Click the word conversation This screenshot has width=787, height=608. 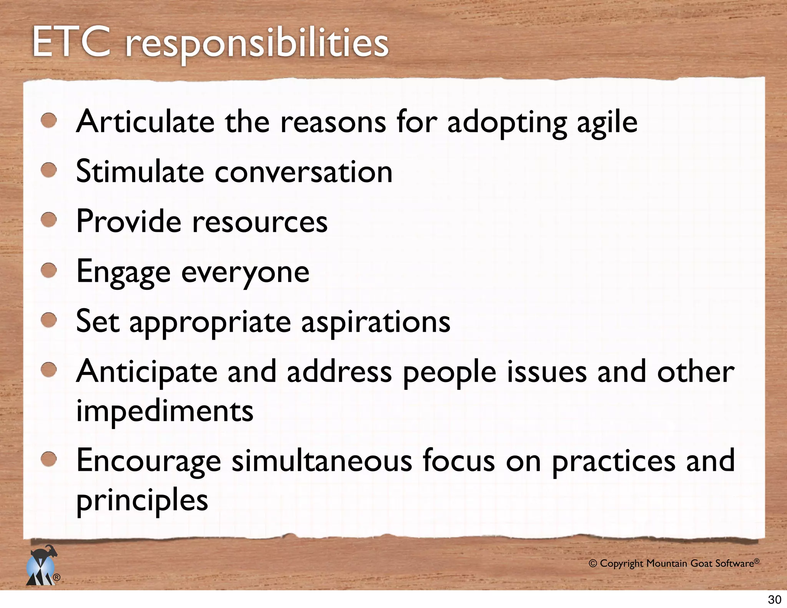pos(304,172)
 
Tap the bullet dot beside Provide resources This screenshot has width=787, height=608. pos(49,220)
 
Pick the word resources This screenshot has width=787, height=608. pos(260,222)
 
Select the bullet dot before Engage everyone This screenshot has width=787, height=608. pos(49,270)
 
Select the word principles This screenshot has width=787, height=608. pos(142,500)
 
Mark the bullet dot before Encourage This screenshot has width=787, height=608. pos(49,459)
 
